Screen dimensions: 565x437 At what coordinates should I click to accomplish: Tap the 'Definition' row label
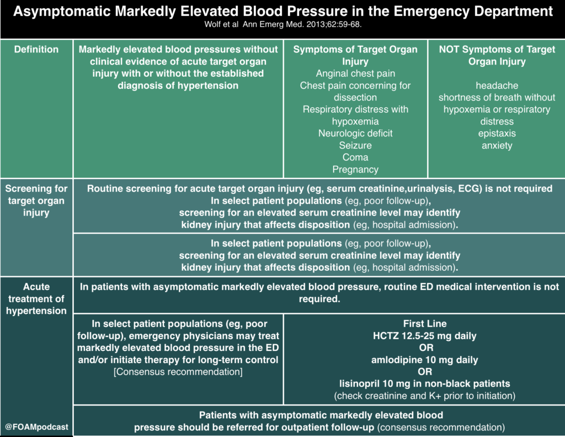coord(36,49)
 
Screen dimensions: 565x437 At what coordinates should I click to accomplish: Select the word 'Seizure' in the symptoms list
coord(355,145)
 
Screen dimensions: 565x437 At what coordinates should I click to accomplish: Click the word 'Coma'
coord(355,157)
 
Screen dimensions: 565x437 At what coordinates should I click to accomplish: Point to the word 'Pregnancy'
coord(355,170)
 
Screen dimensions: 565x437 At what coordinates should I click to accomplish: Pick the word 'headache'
coord(497,86)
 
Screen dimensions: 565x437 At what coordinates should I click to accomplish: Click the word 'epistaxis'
coord(497,134)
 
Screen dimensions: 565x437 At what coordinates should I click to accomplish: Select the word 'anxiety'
coord(497,145)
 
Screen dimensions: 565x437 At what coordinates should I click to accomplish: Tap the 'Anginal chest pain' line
coord(355,73)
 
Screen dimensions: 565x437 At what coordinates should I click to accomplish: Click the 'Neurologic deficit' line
coord(355,134)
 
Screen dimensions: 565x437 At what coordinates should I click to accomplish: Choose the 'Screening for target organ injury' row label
coord(36,201)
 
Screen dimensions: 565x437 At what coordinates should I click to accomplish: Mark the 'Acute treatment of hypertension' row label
coord(36,299)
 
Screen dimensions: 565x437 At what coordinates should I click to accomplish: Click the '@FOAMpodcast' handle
coord(36,427)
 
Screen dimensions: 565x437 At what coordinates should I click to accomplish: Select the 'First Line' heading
coord(425,324)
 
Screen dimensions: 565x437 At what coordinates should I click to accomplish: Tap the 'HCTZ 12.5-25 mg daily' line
coord(425,336)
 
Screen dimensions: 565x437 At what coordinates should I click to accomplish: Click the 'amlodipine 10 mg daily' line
coord(425,360)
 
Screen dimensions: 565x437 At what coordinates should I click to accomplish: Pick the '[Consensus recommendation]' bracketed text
coord(178,372)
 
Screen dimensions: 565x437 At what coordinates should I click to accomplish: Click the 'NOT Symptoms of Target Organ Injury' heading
coord(497,55)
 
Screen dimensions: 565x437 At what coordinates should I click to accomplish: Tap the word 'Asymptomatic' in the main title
coord(62,12)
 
